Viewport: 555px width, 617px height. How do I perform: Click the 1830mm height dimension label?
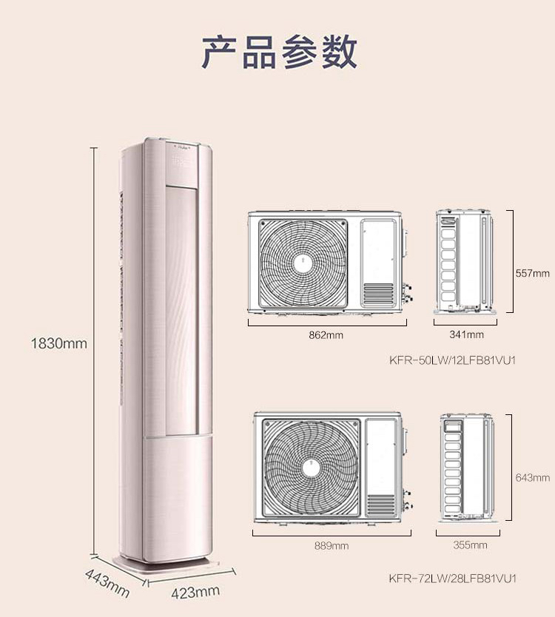59,343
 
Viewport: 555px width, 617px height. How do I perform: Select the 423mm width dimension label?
195,591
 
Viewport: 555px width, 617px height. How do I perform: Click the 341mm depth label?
466,335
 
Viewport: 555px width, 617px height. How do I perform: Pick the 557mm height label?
533,273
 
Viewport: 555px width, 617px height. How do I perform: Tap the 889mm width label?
331,545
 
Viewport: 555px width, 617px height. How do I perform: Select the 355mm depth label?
470,545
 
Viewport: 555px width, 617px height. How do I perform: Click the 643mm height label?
533,478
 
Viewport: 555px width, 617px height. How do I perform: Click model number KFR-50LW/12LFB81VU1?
451,361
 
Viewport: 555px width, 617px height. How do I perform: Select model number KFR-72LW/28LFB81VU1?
451,577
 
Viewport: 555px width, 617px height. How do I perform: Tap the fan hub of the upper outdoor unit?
302,263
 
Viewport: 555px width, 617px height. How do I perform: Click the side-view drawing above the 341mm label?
463,260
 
